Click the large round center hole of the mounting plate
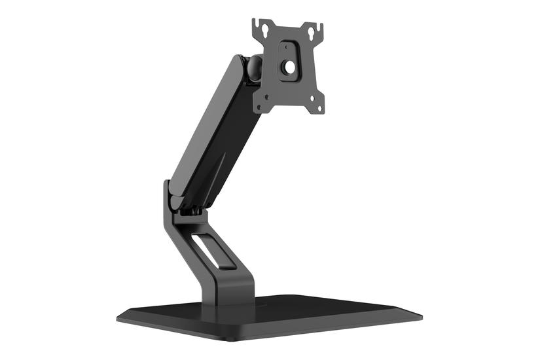[x=289, y=67]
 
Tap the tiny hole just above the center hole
[x=287, y=47]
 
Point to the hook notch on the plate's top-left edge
[x=255, y=25]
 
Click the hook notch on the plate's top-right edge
[x=321, y=27]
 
